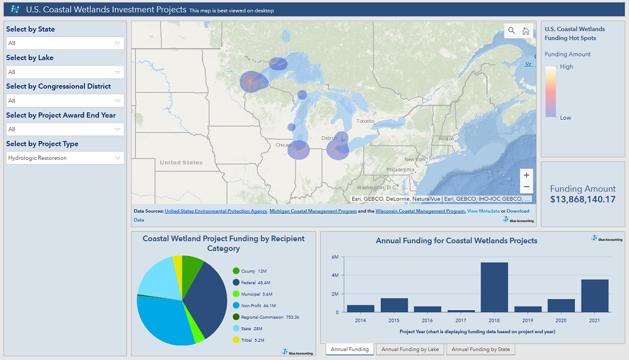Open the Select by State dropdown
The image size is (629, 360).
click(x=64, y=43)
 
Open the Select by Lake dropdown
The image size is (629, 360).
click(x=64, y=72)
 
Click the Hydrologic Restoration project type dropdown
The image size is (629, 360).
click(x=64, y=158)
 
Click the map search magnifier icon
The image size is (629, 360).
click(x=512, y=31)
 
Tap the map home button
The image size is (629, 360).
click(x=526, y=31)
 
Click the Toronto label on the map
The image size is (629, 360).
click(x=366, y=121)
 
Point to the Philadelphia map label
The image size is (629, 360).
click(x=400, y=170)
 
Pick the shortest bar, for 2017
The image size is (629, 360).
click(x=460, y=311)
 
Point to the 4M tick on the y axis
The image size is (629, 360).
click(x=335, y=275)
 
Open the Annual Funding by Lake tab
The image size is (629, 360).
click(x=409, y=350)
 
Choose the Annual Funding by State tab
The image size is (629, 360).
click(x=481, y=350)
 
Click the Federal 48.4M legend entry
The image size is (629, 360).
click(x=255, y=283)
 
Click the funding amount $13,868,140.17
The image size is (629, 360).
click(x=583, y=199)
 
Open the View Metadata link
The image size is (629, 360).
click(x=482, y=211)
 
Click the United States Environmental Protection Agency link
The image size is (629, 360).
click(x=216, y=211)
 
